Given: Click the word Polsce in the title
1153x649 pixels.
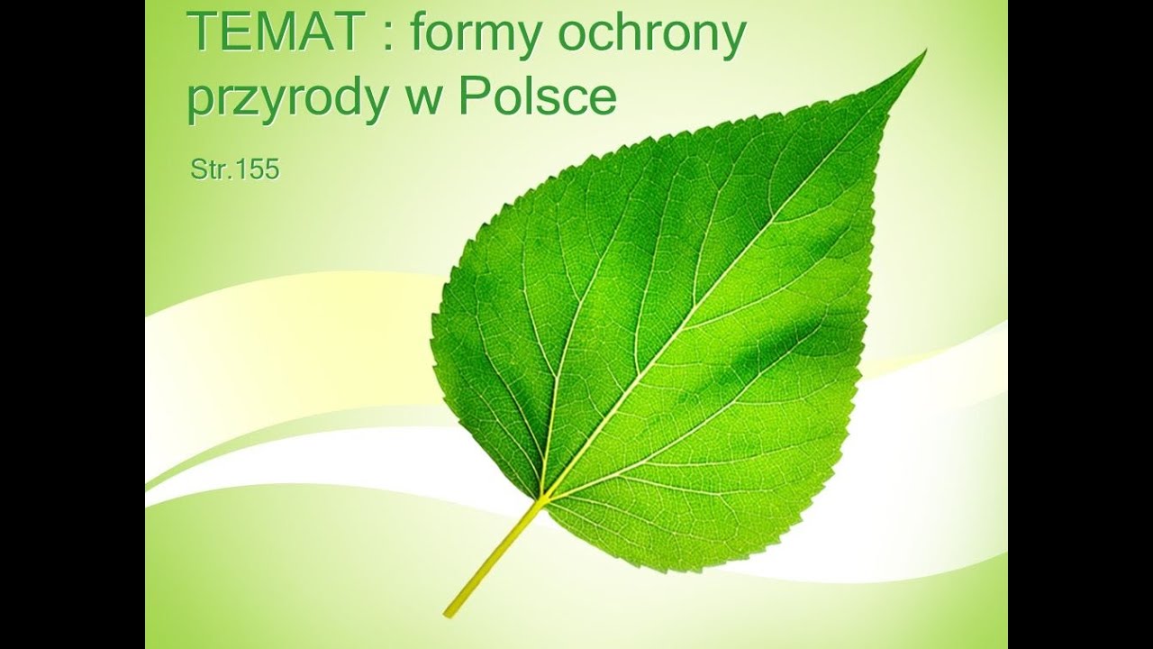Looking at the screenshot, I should click(537, 97).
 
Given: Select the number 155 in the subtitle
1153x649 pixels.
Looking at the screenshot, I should click(259, 169).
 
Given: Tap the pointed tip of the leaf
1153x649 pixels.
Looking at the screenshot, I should click(923, 54).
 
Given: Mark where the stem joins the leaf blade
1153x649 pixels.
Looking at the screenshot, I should click(544, 497).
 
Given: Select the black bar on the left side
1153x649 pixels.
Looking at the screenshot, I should click(72, 324).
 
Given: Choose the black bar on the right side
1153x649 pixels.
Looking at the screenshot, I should click(1080, 324).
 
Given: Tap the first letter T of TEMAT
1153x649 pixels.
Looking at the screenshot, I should click(201, 34).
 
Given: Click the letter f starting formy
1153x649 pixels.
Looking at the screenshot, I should click(418, 34).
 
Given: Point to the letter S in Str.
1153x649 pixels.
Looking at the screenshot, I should click(198, 169).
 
